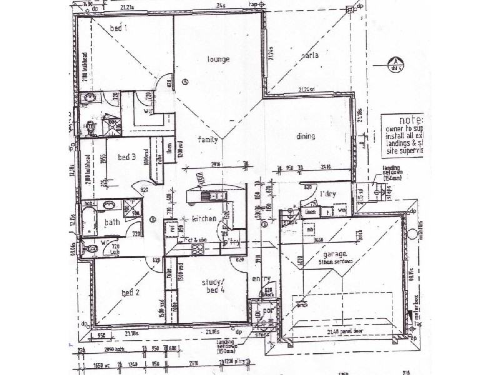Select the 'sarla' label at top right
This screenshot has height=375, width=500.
pos(310,56)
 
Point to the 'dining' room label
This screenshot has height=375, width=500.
pos(306,136)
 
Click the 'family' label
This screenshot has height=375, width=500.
pos(208,139)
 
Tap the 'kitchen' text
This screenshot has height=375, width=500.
pos(204,219)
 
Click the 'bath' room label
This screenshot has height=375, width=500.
pos(112,222)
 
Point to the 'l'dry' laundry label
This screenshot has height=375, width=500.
pos(328,194)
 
